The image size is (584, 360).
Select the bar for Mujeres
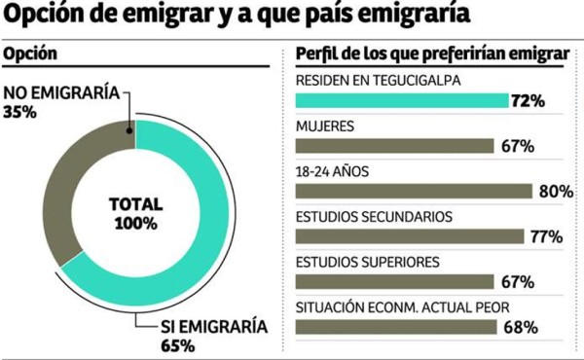(x=390, y=146)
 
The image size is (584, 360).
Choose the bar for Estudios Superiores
(x=390, y=282)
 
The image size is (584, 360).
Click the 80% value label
(x=554, y=192)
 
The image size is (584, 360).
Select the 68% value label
(x=522, y=328)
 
